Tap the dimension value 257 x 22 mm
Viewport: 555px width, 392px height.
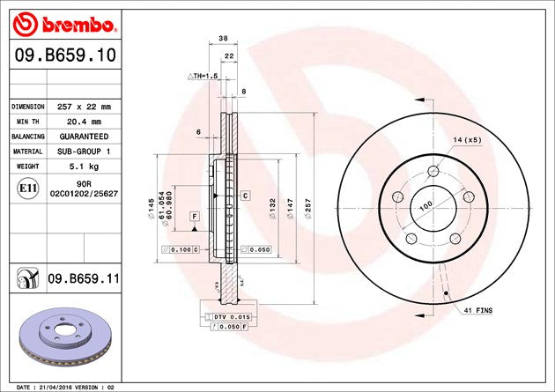tap(87, 107)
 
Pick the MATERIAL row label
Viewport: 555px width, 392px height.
tap(27, 152)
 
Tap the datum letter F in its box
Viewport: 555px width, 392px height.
tap(194, 215)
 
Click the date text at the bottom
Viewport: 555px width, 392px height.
tap(66, 387)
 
